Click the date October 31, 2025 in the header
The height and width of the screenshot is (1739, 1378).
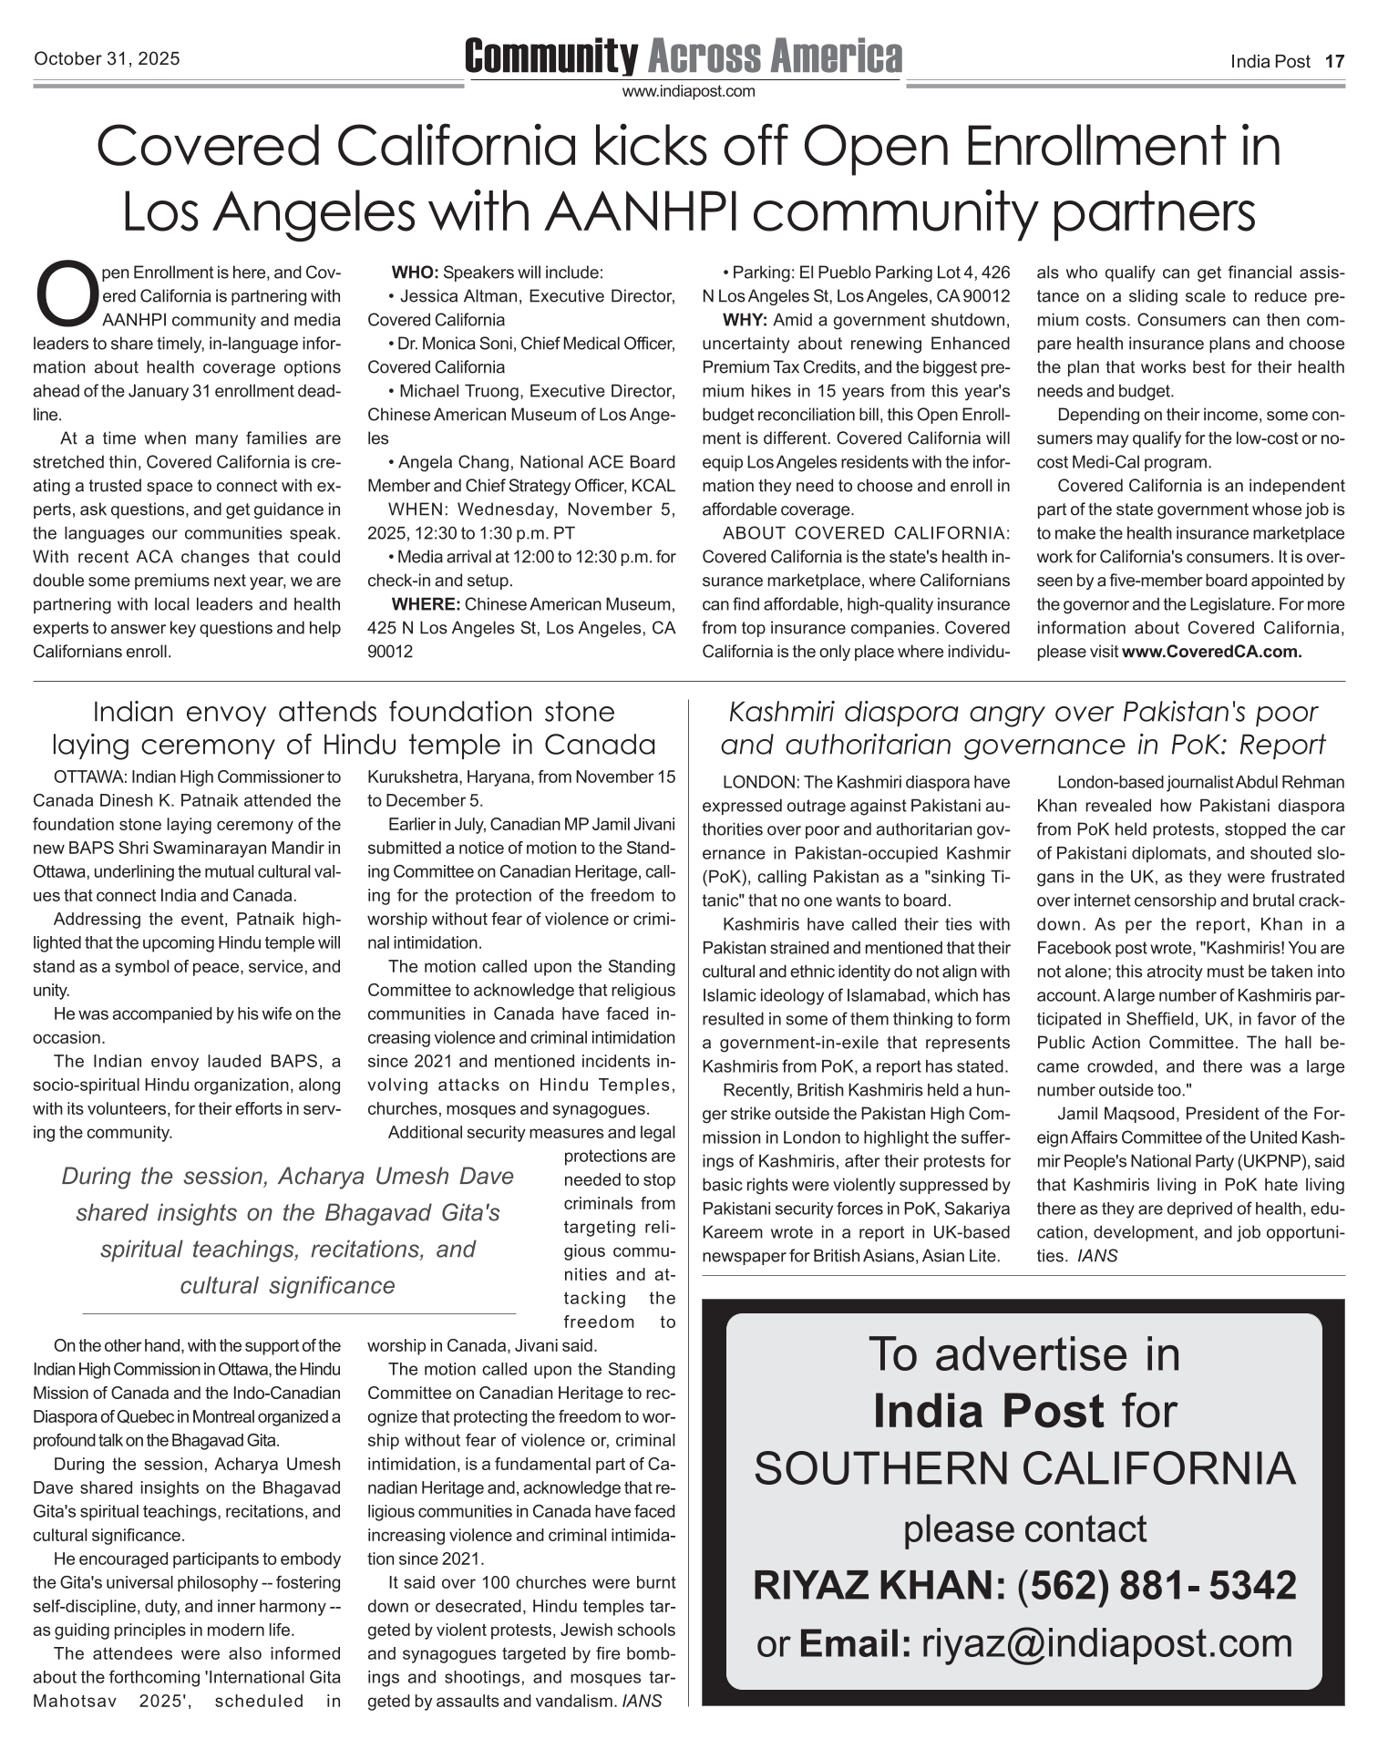pos(107,59)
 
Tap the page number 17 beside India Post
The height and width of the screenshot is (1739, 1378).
pos(1333,62)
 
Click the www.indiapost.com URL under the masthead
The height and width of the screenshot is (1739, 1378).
pos(688,91)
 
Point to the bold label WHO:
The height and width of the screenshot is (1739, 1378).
pos(415,273)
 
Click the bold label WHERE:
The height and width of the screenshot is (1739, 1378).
pos(427,604)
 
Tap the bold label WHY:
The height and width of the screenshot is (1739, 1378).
pos(746,320)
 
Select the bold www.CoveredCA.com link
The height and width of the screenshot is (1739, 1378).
pos(1211,652)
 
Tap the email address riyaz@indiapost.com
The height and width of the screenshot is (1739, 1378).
pos(1107,1642)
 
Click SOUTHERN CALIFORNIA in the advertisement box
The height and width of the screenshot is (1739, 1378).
pos(1024,1468)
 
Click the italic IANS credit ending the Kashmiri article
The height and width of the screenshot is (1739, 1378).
pos(1096,1256)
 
